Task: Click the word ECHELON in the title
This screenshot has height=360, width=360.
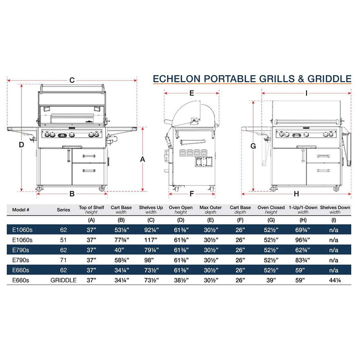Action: tap(176, 79)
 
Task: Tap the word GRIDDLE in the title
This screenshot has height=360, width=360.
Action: tap(330, 79)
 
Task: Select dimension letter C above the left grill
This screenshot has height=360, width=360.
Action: tap(73, 80)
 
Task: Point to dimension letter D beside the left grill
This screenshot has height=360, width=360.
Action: tap(21, 145)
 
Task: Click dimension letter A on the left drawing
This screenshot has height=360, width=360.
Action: tap(142, 159)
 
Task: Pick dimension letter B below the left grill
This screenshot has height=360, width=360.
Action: tap(73, 193)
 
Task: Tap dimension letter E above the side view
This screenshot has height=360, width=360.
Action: tap(191, 93)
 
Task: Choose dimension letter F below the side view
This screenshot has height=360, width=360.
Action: tap(191, 193)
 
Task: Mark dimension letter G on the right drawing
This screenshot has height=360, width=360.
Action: tap(253, 146)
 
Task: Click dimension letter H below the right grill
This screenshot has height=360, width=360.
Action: tap(296, 193)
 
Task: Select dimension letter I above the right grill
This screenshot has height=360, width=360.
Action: tap(307, 93)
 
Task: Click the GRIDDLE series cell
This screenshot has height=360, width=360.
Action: tap(64, 280)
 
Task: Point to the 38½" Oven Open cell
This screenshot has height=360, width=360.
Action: tap(181, 280)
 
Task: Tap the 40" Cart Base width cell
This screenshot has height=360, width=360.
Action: tap(120, 249)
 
